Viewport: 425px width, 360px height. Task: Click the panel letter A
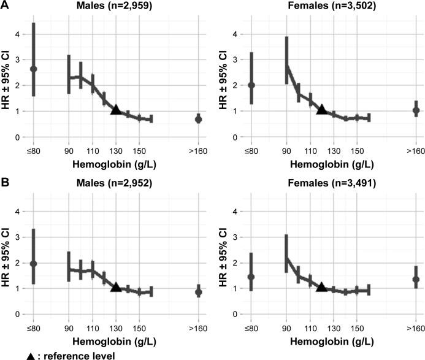[x=6, y=6]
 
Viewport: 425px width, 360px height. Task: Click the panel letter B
[x=6, y=183]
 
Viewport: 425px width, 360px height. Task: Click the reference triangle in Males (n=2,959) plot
[x=115, y=110]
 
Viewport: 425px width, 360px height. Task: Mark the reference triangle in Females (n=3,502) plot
[x=321, y=110]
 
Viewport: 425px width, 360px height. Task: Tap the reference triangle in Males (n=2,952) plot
[x=115, y=287]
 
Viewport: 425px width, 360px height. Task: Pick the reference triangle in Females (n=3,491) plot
[x=321, y=287]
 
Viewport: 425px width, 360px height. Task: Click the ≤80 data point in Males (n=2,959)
[x=34, y=69]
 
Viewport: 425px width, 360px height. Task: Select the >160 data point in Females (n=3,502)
[x=416, y=111]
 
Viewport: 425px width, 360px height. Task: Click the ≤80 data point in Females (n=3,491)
[x=251, y=277]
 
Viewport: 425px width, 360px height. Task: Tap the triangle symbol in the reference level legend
[x=7, y=354]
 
